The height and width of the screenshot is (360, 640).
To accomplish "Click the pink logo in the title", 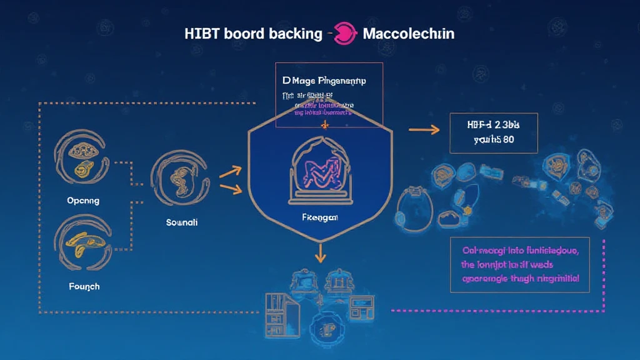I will click(x=342, y=33).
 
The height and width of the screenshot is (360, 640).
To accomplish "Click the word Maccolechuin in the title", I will click(x=409, y=34).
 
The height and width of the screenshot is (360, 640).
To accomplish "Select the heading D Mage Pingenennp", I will click(x=324, y=81).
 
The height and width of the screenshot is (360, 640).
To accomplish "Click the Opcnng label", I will click(x=83, y=201).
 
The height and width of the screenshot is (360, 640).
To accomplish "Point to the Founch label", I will click(x=84, y=286).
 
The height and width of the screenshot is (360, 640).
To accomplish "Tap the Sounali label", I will click(x=181, y=222).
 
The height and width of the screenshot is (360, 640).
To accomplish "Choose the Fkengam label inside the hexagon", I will click(x=319, y=217).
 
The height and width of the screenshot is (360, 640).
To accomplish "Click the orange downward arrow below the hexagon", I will click(x=320, y=252).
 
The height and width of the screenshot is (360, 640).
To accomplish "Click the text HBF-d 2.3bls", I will click(x=494, y=125).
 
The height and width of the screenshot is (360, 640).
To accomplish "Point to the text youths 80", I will click(x=494, y=139).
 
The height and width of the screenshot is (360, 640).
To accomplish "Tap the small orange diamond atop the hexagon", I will click(x=324, y=125).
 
